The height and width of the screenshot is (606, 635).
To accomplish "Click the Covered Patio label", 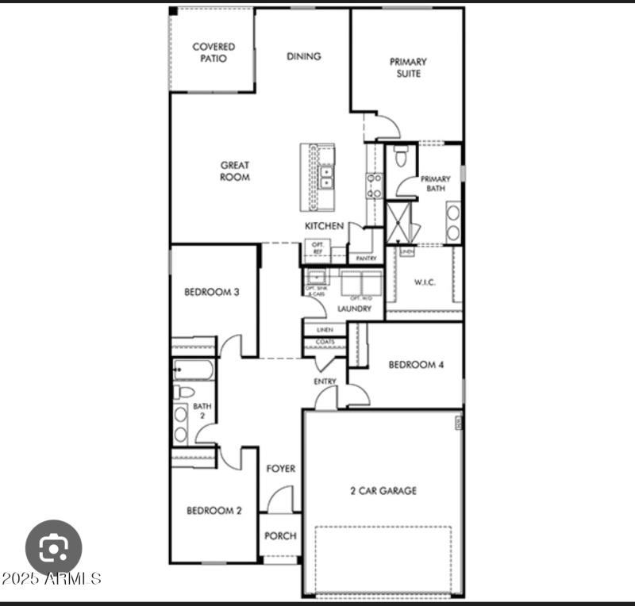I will pos(214,52).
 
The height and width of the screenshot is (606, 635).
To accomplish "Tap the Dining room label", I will pos(303,56).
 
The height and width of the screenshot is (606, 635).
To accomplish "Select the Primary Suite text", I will pos(408,67).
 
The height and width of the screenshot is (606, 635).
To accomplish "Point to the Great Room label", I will pos(235,171).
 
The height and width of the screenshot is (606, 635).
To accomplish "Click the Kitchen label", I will pos(325,227).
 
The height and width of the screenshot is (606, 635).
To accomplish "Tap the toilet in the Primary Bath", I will pos(402,156).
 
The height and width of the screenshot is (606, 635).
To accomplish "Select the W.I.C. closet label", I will pos(425,282).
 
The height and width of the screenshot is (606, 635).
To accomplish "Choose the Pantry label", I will pos(366,259).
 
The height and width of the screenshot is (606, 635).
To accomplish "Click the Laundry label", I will pos(353,309).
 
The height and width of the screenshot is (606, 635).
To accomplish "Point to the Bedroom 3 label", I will pos(212,292).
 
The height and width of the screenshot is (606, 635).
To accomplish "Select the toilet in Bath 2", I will pos(183,392).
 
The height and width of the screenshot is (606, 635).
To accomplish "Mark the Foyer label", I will pos(280,469).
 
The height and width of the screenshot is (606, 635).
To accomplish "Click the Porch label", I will pos(279,535).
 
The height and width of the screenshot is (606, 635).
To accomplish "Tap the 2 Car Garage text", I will pos(383,491).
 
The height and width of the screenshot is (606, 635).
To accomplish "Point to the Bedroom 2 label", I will pos(214,511).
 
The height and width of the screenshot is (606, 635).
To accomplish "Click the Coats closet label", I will pos(325,343).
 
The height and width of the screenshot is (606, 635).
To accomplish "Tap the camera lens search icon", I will pos(54,547).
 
